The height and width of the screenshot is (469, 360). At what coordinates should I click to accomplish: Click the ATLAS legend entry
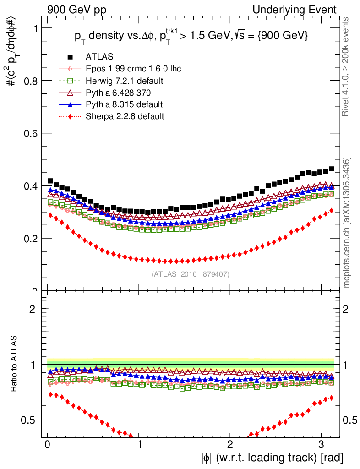99,57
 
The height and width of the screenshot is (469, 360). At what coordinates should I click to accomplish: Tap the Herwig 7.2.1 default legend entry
125,81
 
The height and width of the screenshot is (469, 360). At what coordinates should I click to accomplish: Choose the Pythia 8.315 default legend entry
124,104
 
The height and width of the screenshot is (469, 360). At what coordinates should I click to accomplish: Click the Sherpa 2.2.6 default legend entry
125,116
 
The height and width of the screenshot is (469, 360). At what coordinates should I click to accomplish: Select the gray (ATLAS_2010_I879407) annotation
190,274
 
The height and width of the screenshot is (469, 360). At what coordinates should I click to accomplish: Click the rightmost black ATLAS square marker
331,169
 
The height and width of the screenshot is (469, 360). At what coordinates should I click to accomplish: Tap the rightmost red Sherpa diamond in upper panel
331,211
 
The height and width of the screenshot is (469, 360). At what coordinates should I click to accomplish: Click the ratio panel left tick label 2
32,309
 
